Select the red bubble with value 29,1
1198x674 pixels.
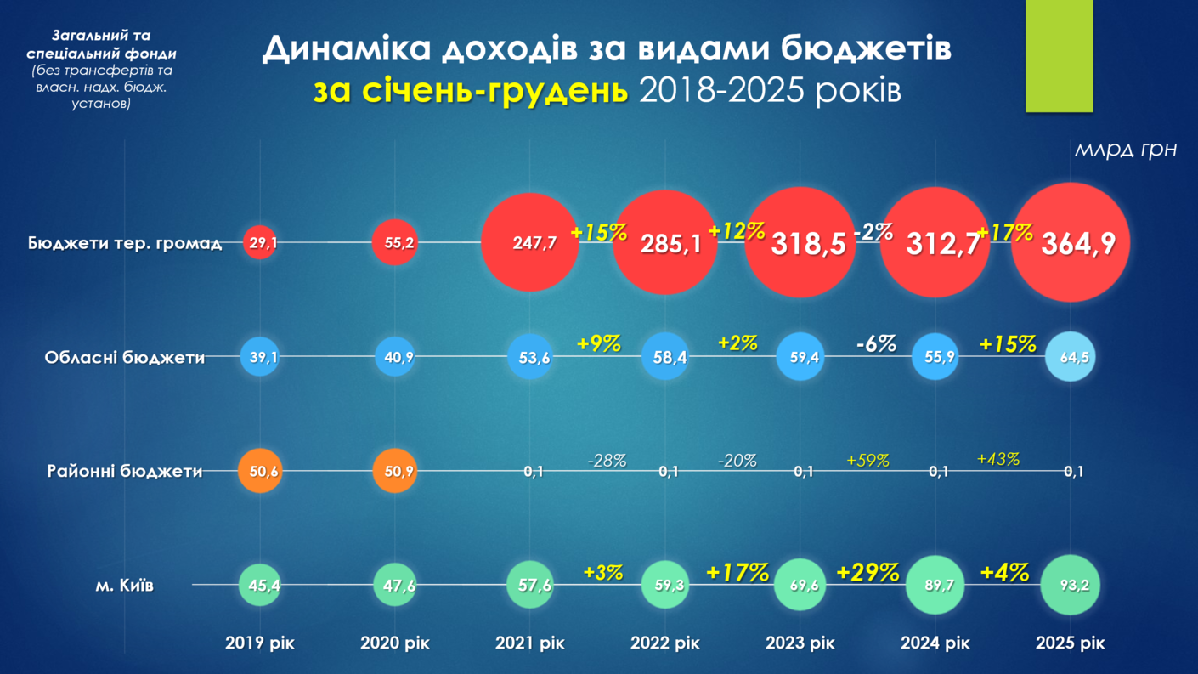[x=260, y=243]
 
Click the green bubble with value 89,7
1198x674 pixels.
[x=935, y=585]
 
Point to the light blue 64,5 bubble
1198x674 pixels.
[x=1071, y=357]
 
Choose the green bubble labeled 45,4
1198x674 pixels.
[x=260, y=585]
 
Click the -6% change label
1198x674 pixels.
[x=875, y=343]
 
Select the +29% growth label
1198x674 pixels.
[x=867, y=572]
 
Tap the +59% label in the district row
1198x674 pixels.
[x=867, y=461]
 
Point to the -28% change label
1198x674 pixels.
[x=607, y=461]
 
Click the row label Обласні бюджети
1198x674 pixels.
[x=125, y=358]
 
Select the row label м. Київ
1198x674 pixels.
[x=125, y=586]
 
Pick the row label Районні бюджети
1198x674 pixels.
[x=125, y=471]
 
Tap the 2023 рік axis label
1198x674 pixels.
[x=800, y=643]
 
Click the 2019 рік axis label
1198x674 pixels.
[x=260, y=643]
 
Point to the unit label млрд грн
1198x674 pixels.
[x=1126, y=150]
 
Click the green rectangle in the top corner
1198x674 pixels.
[x=1059, y=55]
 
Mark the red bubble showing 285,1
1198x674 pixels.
[x=665, y=244]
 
